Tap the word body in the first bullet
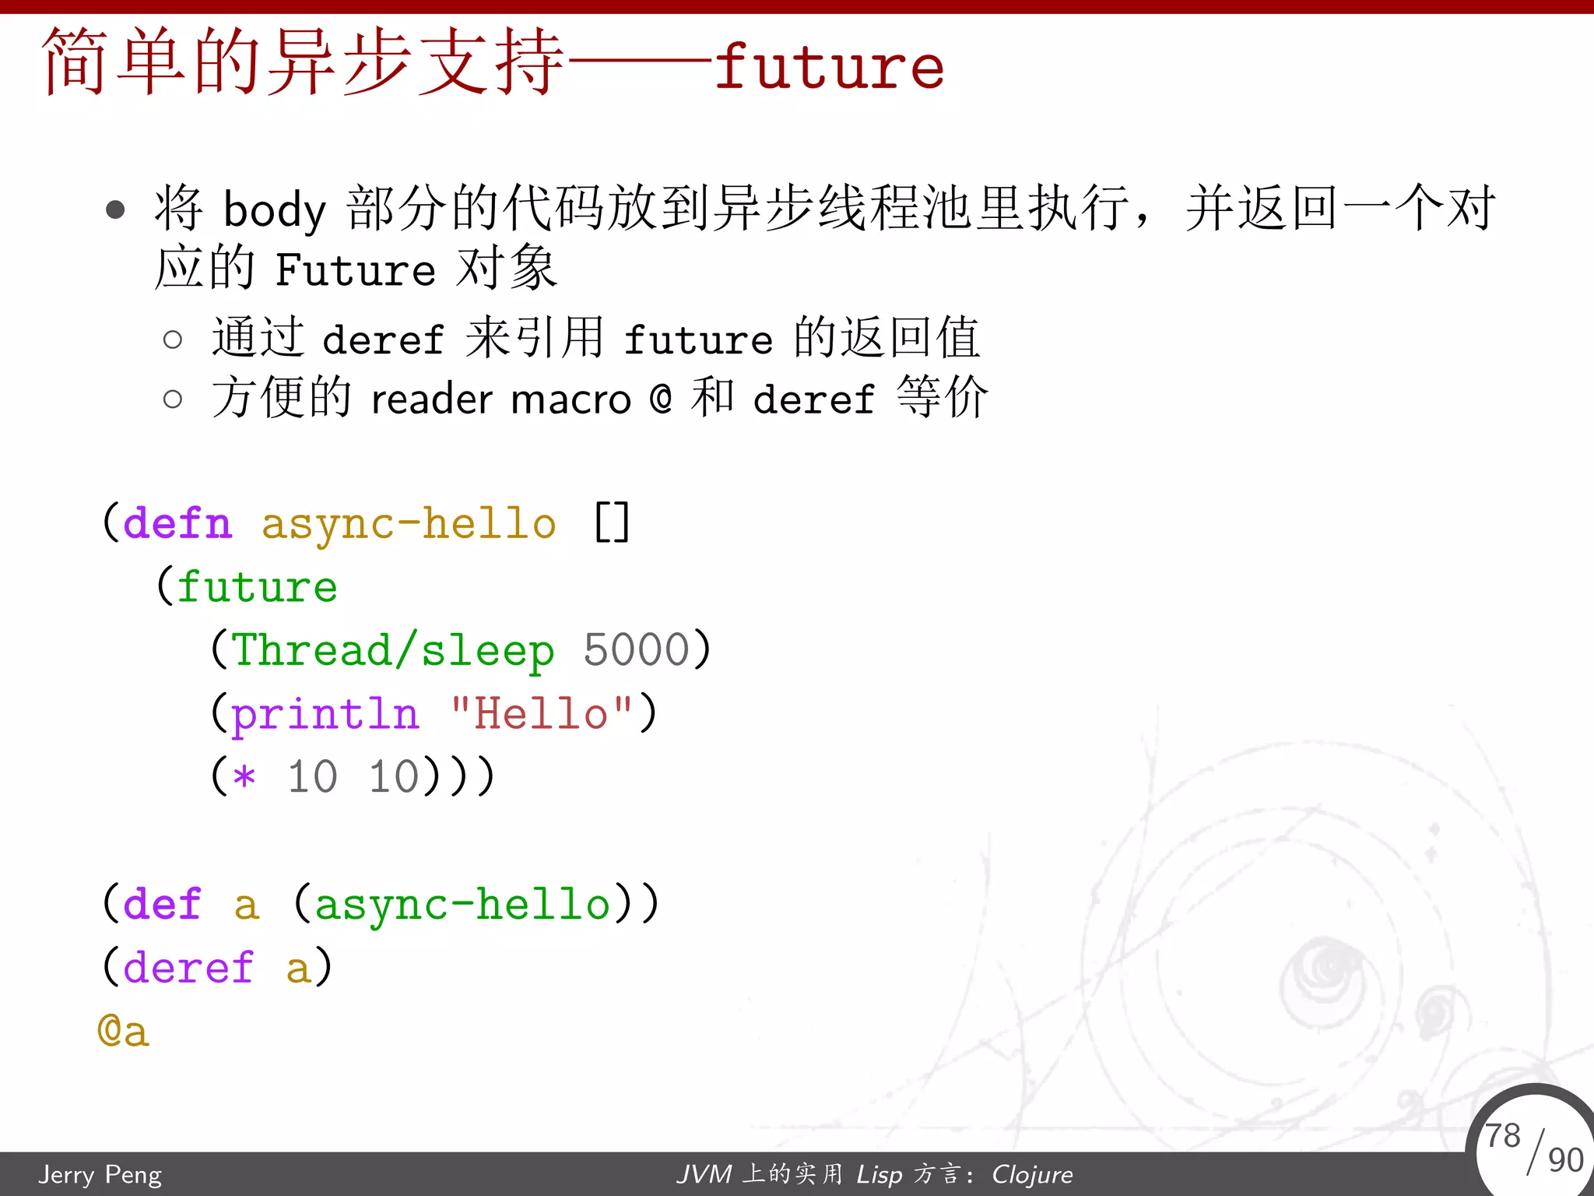pos(274,210)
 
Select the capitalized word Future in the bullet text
pos(355,270)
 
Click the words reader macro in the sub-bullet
pos(500,400)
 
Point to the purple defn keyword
pos(177,523)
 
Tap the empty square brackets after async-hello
pos(612,523)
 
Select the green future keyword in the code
pos(258,587)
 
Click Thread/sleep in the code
pos(393,651)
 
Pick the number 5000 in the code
pos(637,650)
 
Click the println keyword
pos(325,714)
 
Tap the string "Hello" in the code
pos(542,713)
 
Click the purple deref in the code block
pos(188,968)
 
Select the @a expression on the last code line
pos(123,1032)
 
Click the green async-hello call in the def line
pos(462,905)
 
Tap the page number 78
pos(1502,1135)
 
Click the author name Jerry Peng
pos(100,1174)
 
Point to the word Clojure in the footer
pos(1032,1174)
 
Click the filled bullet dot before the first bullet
pos(115,209)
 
